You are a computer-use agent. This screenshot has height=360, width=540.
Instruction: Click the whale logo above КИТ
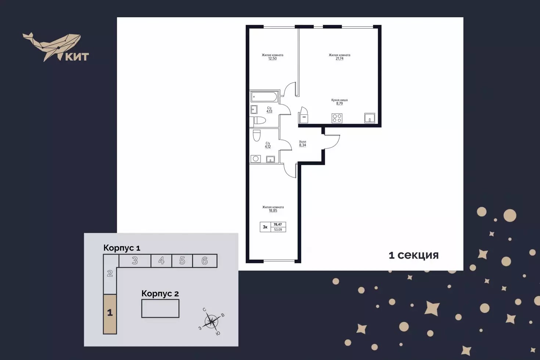pos(51,46)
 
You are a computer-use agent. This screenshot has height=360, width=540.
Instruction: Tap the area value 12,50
pos(273,59)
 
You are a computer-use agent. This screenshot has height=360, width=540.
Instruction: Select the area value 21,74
pos(339,59)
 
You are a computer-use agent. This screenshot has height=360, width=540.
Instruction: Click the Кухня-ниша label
pos(339,100)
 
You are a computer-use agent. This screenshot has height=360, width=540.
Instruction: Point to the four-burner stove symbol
pos(337,118)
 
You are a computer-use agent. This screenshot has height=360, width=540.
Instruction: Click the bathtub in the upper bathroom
pos(264,97)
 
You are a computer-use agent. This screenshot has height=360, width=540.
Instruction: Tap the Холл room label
pos(303,142)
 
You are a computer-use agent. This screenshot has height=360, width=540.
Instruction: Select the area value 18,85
pos(273,211)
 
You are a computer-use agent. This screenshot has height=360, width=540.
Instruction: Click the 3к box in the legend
pos(265,227)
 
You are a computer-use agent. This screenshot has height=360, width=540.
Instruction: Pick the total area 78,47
pos(278,224)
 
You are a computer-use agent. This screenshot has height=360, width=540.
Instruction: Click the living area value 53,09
pos(278,230)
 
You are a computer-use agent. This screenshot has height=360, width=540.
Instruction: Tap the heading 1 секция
pos(414,255)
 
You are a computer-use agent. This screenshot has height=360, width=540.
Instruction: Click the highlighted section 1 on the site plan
pos(110,314)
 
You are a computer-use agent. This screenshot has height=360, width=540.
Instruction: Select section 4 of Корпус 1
pos(161,261)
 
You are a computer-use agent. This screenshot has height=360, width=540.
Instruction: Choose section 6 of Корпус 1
pos(205,261)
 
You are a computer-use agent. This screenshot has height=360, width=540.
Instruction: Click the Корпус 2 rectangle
pos(160,309)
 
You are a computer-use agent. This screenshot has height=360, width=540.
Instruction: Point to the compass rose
pos(212,321)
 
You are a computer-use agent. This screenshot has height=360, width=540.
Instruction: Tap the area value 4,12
pos(267,147)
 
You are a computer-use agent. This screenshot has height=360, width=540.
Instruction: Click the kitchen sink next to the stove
pos(369,118)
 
